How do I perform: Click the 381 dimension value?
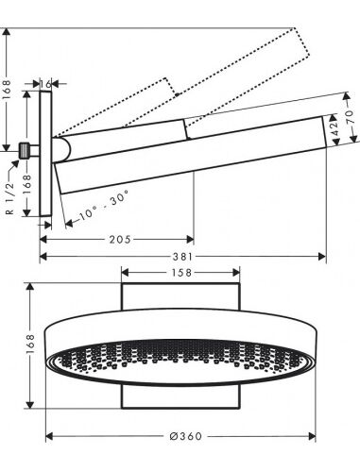point(182,257)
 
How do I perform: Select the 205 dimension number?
point(120,240)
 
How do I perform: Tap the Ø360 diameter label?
point(186,436)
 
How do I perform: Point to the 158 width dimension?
point(181,273)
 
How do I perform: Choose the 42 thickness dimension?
point(334,128)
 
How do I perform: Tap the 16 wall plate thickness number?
point(46,84)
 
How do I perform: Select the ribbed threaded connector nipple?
point(24,151)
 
